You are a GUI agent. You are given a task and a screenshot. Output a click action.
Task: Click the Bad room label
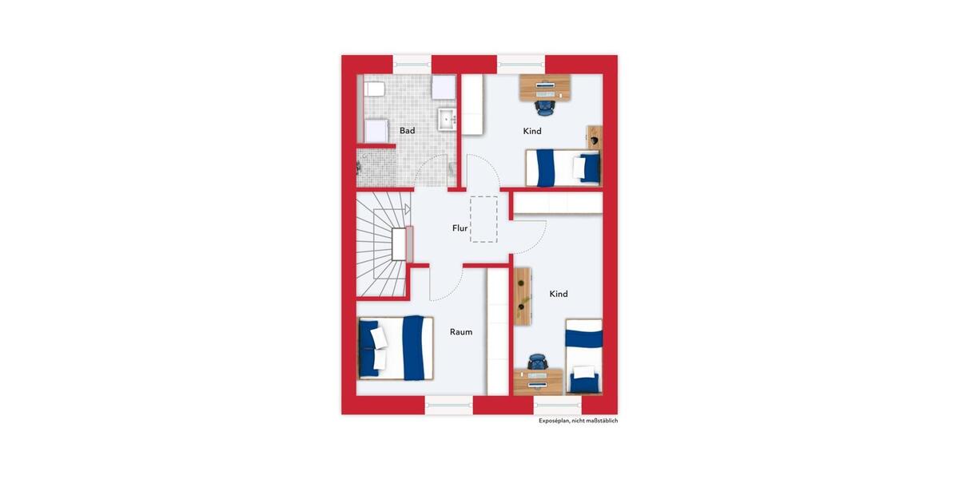click(408, 130)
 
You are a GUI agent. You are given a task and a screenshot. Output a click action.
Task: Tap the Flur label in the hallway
click(460, 228)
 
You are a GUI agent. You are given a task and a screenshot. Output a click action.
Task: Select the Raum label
click(461, 332)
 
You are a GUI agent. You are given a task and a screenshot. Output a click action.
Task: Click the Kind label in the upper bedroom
click(532, 131)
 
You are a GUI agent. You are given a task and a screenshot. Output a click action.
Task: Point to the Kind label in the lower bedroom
click(559, 294)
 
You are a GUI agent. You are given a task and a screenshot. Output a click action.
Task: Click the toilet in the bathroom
click(373, 88)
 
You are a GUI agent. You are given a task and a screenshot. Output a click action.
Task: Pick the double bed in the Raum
click(395, 347)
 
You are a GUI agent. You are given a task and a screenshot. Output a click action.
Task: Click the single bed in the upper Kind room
click(563, 168)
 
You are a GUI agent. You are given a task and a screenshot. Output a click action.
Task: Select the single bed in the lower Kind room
click(583, 356)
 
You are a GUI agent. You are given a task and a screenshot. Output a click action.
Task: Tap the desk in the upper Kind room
click(546, 85)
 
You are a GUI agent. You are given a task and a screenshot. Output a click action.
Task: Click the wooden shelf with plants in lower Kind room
click(523, 296)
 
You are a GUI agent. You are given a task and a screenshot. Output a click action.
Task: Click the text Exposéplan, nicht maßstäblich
click(578, 421)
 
